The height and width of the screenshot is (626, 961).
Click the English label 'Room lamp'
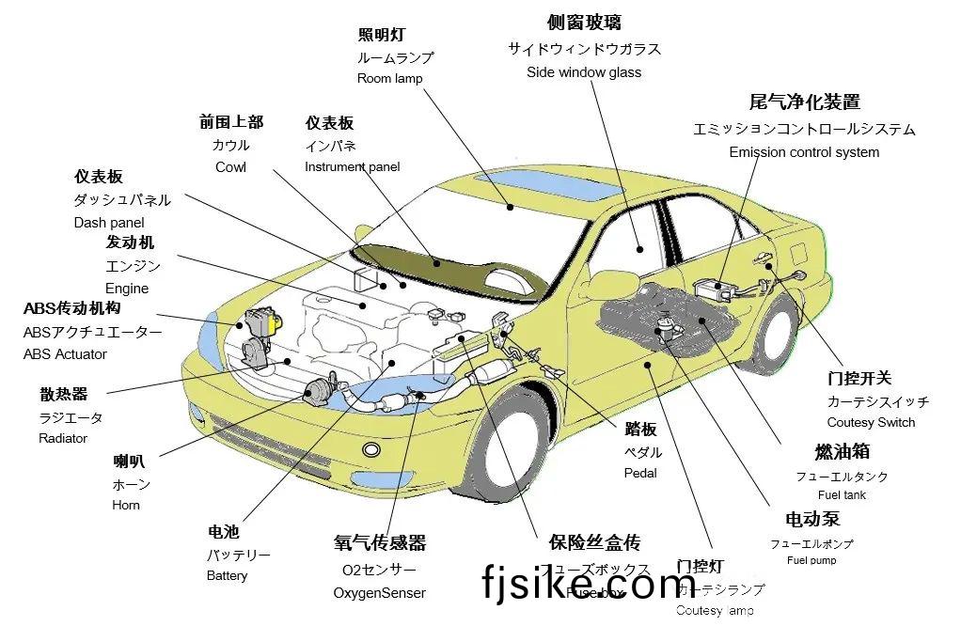pyautogui.click(x=389, y=79)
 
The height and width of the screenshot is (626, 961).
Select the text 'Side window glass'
pyautogui.click(x=583, y=72)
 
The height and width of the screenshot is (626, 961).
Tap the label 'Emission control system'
pyautogui.click(x=804, y=152)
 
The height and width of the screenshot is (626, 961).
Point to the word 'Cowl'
pyautogui.click(x=230, y=167)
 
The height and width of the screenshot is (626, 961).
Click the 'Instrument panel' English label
pyautogui.click(x=352, y=167)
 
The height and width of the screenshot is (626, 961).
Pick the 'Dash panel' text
pyautogui.click(x=109, y=223)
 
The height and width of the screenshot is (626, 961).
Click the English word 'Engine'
pyautogui.click(x=127, y=289)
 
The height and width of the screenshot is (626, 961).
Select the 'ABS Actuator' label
pyautogui.click(x=65, y=354)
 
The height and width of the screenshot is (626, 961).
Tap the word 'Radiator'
pyautogui.click(x=63, y=438)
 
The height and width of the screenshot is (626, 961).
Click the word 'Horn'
pyautogui.click(x=126, y=505)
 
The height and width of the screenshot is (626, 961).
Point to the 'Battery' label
pyautogui.click(x=227, y=575)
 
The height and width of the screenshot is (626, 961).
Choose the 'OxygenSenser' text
pyautogui.click(x=379, y=593)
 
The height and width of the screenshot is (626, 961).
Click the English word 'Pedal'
pyautogui.click(x=640, y=473)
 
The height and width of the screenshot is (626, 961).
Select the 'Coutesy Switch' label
pyautogui.click(x=871, y=422)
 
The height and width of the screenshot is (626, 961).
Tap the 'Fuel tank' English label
pyautogui.click(x=842, y=494)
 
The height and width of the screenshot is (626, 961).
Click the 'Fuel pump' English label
pyautogui.click(x=811, y=560)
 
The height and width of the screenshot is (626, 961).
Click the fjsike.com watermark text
pyautogui.click(x=589, y=584)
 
